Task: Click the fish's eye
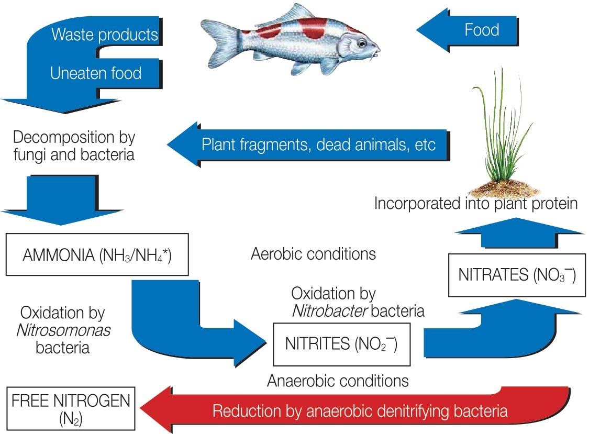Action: pyautogui.click(x=361, y=43)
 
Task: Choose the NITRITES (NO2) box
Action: pyautogui.click(x=341, y=344)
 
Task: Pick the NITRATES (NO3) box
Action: pyautogui.click(x=516, y=275)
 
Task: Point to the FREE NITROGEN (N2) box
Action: pyautogui.click(x=71, y=409)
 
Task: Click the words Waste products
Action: pyautogui.click(x=104, y=35)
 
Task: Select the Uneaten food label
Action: pyautogui.click(x=96, y=73)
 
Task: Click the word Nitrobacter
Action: pyautogui.click(x=329, y=311)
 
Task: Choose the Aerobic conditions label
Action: pyautogui.click(x=313, y=254)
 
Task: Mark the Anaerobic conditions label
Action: pyautogui.click(x=338, y=380)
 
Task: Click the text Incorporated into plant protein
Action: pyautogui.click(x=475, y=203)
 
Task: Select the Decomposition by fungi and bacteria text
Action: pyautogui.click(x=74, y=146)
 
